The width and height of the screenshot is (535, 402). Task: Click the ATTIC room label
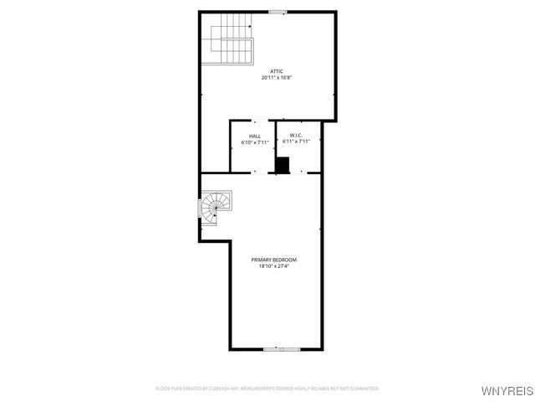click(276, 70)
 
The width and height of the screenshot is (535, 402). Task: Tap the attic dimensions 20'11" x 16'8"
click(276, 77)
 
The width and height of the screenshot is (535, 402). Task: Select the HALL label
click(254, 136)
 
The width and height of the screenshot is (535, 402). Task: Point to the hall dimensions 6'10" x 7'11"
click(254, 142)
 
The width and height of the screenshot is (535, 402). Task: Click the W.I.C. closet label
click(296, 135)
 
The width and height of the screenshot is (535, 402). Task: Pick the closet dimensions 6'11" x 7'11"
click(296, 142)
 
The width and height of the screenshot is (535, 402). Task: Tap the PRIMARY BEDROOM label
click(273, 260)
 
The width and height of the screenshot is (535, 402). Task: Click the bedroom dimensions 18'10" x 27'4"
click(273, 266)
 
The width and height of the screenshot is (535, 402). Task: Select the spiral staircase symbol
click(217, 206)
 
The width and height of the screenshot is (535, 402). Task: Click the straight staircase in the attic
click(231, 44)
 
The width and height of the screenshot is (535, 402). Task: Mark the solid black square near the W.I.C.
click(283, 165)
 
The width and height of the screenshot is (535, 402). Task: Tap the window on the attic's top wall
click(278, 12)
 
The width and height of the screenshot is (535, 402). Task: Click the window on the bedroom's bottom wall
click(276, 349)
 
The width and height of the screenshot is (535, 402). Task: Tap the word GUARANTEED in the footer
click(363, 389)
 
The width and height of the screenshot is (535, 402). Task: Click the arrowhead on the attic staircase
click(249, 28)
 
